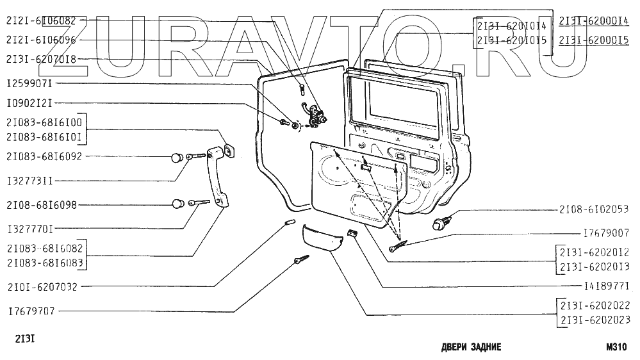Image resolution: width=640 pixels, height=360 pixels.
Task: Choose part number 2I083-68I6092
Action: pyautogui.click(x=44, y=156)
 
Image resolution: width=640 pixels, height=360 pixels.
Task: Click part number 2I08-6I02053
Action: pyautogui.click(x=593, y=209)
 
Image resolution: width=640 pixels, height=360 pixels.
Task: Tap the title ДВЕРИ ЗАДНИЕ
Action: pyautogui.click(x=471, y=348)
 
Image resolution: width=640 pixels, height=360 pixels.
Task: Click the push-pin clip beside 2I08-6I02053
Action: pyautogui.click(x=440, y=222)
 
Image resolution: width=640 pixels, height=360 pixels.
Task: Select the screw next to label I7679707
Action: pyautogui.click(x=300, y=261)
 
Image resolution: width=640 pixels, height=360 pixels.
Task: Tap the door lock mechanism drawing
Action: pyautogui.click(x=315, y=115)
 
